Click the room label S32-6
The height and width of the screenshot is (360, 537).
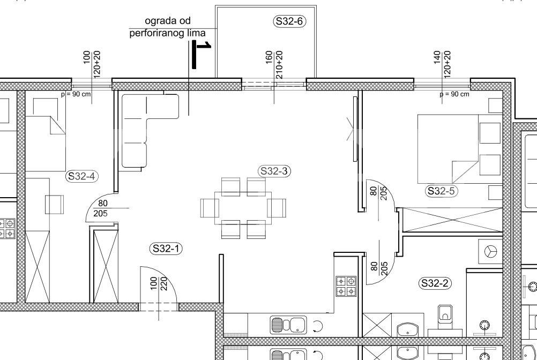tap(289, 21)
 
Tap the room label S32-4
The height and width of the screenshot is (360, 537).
tap(81, 176)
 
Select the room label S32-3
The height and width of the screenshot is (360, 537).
tap(274, 171)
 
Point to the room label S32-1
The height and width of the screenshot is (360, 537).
tap(166, 248)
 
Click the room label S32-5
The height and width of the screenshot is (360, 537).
tap(442, 191)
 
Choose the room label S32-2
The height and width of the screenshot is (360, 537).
tap(435, 283)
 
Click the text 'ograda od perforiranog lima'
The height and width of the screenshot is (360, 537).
tap(167, 27)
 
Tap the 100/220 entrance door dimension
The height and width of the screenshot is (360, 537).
tap(159, 283)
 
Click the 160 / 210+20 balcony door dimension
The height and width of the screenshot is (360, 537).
tap(274, 64)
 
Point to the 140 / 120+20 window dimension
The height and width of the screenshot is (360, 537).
tap(442, 64)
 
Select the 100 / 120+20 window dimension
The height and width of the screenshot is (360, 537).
tap(92, 64)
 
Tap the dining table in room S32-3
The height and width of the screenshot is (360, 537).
tap(243, 208)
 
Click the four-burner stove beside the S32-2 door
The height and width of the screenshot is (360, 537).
tap(346, 286)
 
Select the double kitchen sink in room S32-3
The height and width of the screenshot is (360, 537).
tap(288, 325)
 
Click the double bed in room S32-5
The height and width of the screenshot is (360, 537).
tap(459, 148)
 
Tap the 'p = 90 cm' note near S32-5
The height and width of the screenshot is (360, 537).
tap(454, 94)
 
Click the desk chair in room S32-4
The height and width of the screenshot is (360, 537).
tap(55, 205)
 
